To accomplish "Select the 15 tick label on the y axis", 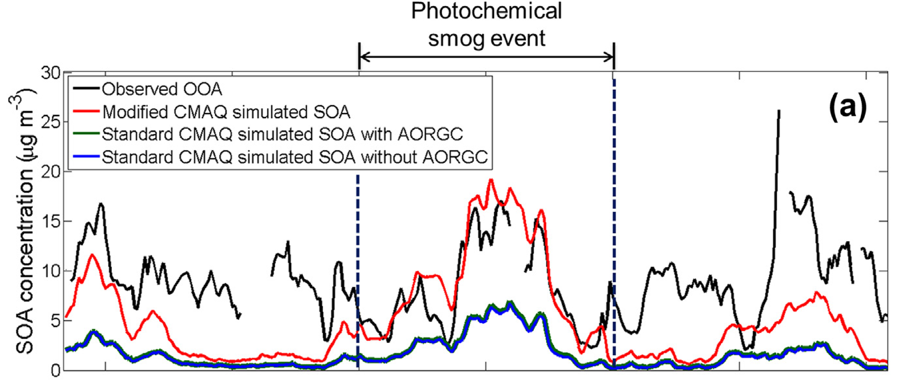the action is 51,221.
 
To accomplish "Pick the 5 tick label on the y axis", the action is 56,321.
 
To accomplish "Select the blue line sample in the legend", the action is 86,157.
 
